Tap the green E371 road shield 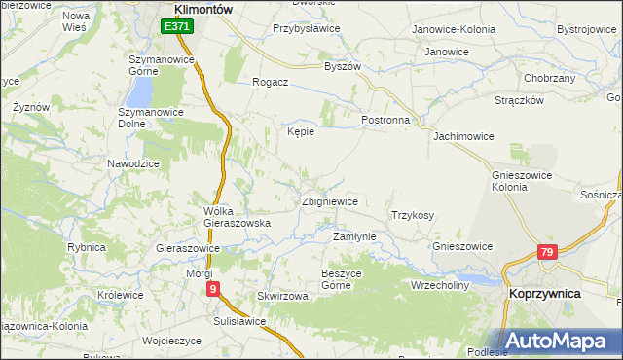pyautogui.click(x=176, y=27)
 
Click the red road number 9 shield pyautogui.click(x=214, y=289)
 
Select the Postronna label pyautogui.click(x=385, y=120)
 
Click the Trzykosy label pyautogui.click(x=412, y=215)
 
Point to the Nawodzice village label pyautogui.click(x=133, y=163)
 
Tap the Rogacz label pyautogui.click(x=270, y=83)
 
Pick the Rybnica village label pyautogui.click(x=87, y=247)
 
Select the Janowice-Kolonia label pyautogui.click(x=454, y=29)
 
